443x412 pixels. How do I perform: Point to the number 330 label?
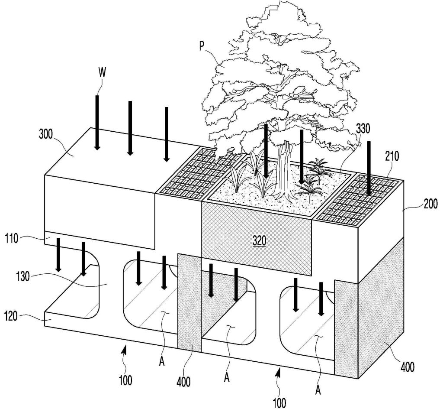364,129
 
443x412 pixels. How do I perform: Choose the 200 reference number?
430,204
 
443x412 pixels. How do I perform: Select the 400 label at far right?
407,367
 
